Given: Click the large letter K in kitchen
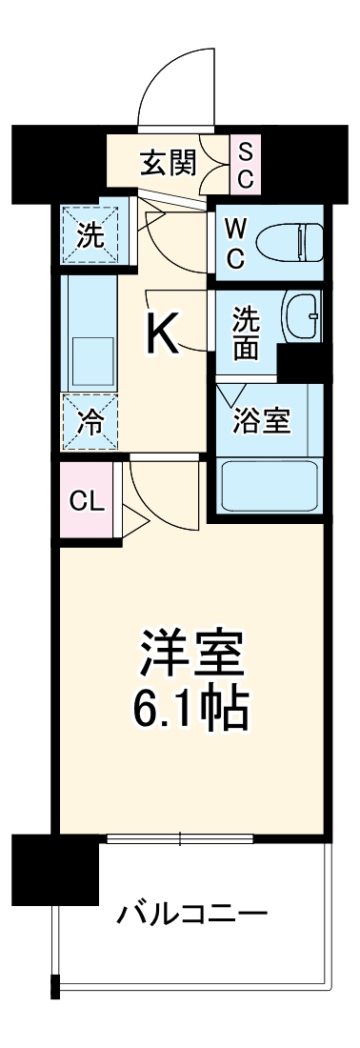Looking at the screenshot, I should click(x=163, y=334).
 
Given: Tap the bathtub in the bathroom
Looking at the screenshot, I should click(x=270, y=485).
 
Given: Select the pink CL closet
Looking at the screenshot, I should click(x=88, y=501).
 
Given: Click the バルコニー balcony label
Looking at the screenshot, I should click(x=191, y=915).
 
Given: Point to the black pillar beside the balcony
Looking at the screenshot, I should click(x=54, y=866).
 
